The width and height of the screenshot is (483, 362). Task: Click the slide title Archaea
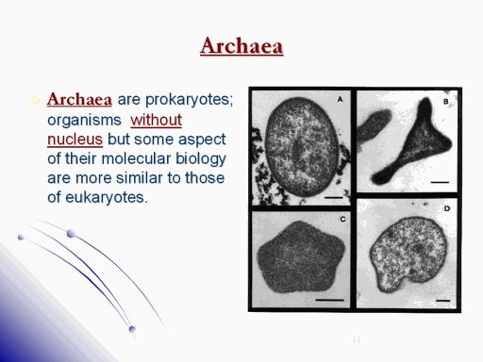(241, 46)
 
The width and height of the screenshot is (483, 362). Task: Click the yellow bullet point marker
(35, 100)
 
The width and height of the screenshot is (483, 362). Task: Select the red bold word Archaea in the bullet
(79, 99)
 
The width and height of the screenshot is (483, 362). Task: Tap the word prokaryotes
(189, 100)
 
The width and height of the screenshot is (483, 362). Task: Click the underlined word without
(156, 120)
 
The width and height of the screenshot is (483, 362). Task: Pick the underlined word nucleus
(75, 140)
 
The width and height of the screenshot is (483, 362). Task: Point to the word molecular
(136, 158)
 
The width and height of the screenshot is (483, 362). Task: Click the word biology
(201, 159)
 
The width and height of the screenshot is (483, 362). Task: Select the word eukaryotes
(107, 198)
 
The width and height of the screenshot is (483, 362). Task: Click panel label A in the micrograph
(340, 99)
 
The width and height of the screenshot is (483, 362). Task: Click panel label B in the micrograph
(445, 101)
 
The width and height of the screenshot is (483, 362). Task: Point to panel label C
(342, 219)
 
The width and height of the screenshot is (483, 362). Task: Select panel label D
(447, 208)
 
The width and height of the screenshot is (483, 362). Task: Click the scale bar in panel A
(333, 198)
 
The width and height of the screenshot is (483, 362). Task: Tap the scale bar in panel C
(329, 300)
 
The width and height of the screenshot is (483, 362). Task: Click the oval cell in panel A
(302, 146)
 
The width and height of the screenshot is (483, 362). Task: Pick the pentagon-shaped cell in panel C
(301, 256)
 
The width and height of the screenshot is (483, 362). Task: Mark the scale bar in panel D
(443, 301)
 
